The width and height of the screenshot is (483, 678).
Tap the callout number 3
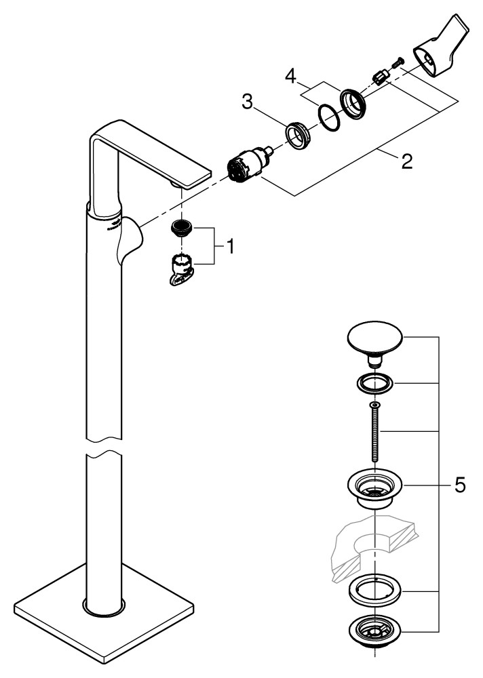coord(248,103)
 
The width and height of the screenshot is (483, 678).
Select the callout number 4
coord(290,75)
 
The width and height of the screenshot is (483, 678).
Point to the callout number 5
coord(460,485)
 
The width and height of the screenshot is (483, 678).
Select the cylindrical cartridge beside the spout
coord(245,166)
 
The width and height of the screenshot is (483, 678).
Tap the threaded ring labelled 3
coord(298,133)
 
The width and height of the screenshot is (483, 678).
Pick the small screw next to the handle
coord(398,62)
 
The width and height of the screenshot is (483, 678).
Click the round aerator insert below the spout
coord(181,228)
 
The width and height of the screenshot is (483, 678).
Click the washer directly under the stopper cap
coord(374,384)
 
